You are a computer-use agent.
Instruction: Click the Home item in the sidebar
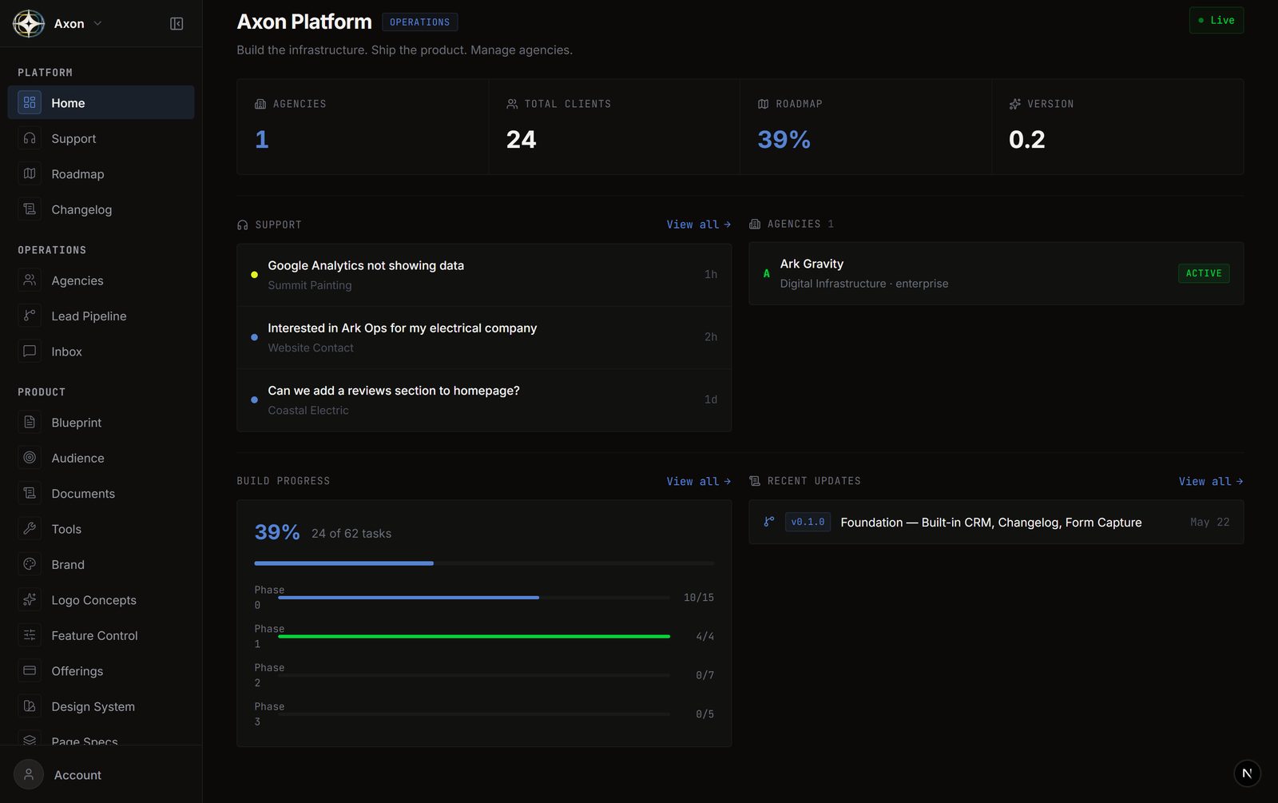tap(101, 103)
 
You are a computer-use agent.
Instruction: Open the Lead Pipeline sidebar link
tap(89, 316)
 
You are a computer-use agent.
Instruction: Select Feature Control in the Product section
tap(94, 636)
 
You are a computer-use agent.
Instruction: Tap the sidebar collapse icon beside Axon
tap(177, 23)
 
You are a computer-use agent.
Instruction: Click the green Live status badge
tap(1216, 21)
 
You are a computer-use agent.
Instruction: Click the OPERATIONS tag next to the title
tap(420, 22)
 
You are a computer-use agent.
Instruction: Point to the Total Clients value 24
tap(521, 140)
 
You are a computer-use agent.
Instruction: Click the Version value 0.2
tap(1026, 140)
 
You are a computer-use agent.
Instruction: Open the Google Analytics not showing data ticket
tap(366, 265)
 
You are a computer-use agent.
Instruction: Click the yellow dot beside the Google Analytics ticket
tap(255, 275)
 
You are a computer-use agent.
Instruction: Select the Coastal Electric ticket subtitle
tap(308, 411)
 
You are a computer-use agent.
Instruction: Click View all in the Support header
tap(698, 225)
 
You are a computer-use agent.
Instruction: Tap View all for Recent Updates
tap(1211, 482)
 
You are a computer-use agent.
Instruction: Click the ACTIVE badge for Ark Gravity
tap(1204, 273)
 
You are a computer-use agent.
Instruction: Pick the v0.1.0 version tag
tap(808, 523)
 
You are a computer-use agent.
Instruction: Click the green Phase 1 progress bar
tap(474, 636)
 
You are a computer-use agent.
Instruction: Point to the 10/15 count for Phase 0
tap(698, 598)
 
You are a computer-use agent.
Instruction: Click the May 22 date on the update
tap(1209, 523)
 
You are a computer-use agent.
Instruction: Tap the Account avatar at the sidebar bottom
tap(29, 774)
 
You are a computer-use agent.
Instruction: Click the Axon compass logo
tap(29, 23)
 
